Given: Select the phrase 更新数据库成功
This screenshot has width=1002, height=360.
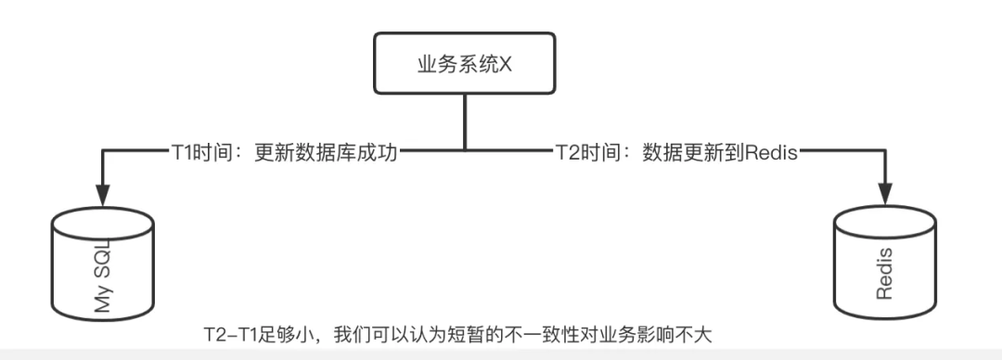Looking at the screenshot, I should (326, 151).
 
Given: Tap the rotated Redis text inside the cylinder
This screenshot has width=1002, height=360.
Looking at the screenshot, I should (884, 275).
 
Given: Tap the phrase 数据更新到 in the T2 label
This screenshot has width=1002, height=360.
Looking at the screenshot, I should (686, 151).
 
